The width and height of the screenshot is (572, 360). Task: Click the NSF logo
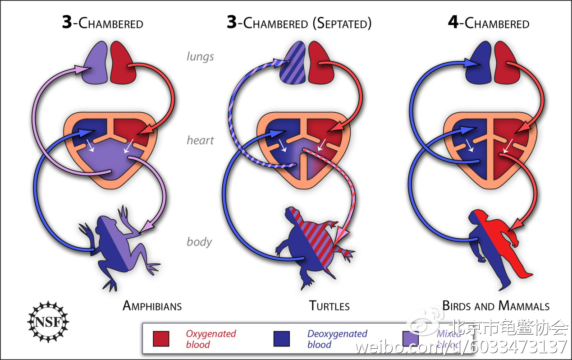pos(47,322)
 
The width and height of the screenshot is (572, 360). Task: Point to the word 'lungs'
pos(200,57)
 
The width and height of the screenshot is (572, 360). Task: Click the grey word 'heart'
pos(200,140)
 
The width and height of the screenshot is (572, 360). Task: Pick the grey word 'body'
pos(199,242)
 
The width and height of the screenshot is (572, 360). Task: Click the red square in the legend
pos(161,339)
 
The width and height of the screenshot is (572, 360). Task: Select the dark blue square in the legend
pos(282,339)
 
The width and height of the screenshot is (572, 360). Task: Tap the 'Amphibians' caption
pos(152,306)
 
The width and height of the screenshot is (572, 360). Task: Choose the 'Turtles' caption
pos(329,306)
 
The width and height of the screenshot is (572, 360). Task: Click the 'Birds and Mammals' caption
pos(496,306)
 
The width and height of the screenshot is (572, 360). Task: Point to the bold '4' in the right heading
pos(453,23)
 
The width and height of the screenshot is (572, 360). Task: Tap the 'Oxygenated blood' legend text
pos(211,339)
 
